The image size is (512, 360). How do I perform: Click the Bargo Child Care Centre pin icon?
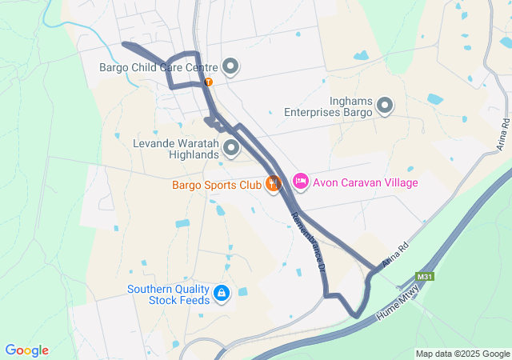pyautogui.click(x=230, y=66)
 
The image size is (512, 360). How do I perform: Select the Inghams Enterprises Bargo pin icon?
pyautogui.click(x=385, y=105)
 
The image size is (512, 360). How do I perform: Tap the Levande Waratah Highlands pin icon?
pyautogui.click(x=231, y=147)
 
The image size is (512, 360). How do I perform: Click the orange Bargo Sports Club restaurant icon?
pyautogui.click(x=274, y=184)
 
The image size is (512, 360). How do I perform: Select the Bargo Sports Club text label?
pyautogui.click(x=216, y=185)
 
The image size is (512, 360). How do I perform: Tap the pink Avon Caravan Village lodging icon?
pyautogui.click(x=300, y=182)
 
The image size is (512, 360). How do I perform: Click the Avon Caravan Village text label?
pyautogui.click(x=365, y=183)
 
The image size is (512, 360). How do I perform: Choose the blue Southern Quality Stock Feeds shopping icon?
pyautogui.click(x=222, y=295)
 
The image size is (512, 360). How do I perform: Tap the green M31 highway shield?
pyautogui.click(x=425, y=278)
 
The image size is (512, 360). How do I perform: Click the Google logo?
pyautogui.click(x=26, y=350)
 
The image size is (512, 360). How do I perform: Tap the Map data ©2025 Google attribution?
pyautogui.click(x=462, y=354)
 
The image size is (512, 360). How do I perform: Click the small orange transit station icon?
pyautogui.click(x=208, y=82)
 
